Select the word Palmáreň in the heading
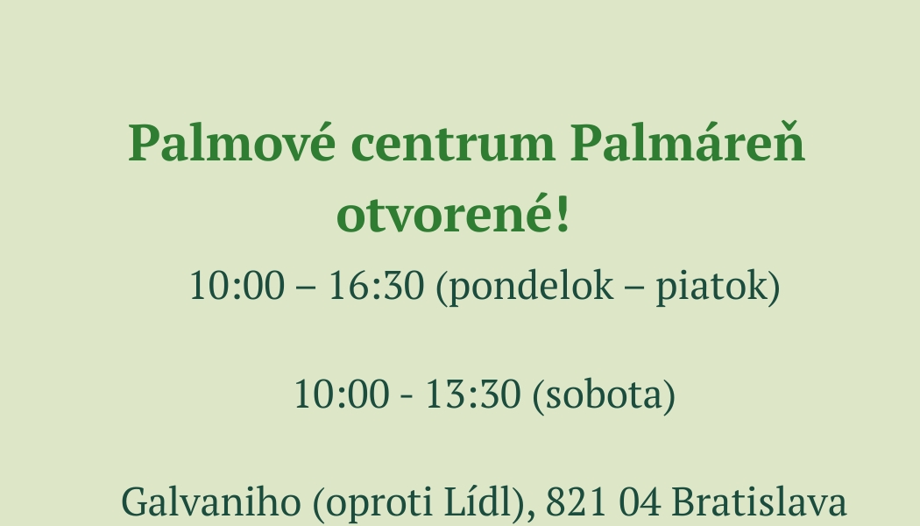click(688, 145)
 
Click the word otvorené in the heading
click(443, 216)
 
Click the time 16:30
click(376, 287)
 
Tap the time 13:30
click(472, 395)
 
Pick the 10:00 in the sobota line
click(341, 395)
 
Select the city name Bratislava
click(759, 502)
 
